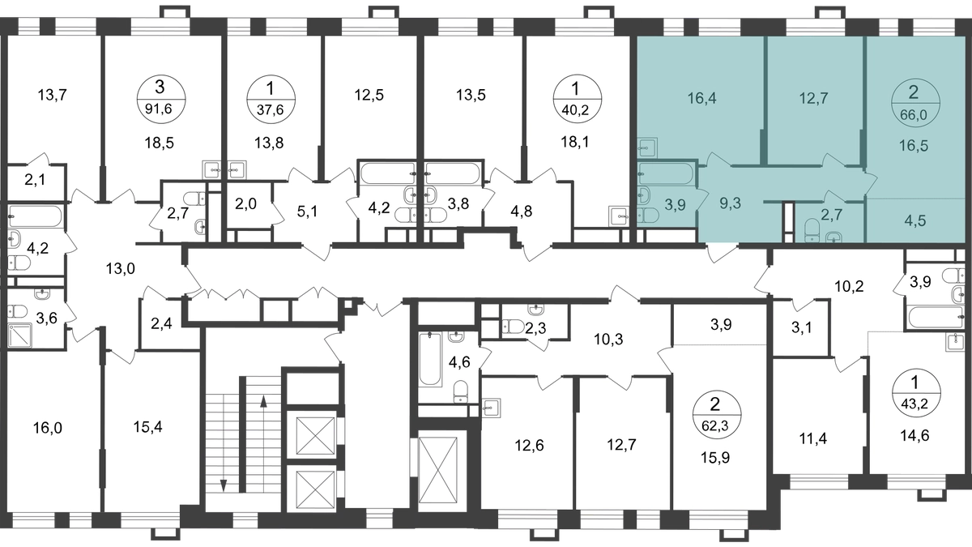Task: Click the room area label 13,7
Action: pos(52,95)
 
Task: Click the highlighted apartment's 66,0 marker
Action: pos(914,103)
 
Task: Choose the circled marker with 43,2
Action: pos(914,393)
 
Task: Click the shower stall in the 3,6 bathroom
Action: pos(19,335)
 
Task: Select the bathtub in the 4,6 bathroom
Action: pos(430,358)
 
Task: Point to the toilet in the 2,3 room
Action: pos(513,326)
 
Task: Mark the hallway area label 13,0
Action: pos(120,269)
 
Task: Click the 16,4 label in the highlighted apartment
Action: pos(701,98)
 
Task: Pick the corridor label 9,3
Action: pos(731,203)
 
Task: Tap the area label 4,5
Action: pos(915,221)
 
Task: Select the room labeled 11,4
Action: pos(812,438)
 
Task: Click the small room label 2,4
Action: pos(161,324)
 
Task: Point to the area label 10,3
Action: pos(608,339)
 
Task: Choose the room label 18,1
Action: pos(575,142)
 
